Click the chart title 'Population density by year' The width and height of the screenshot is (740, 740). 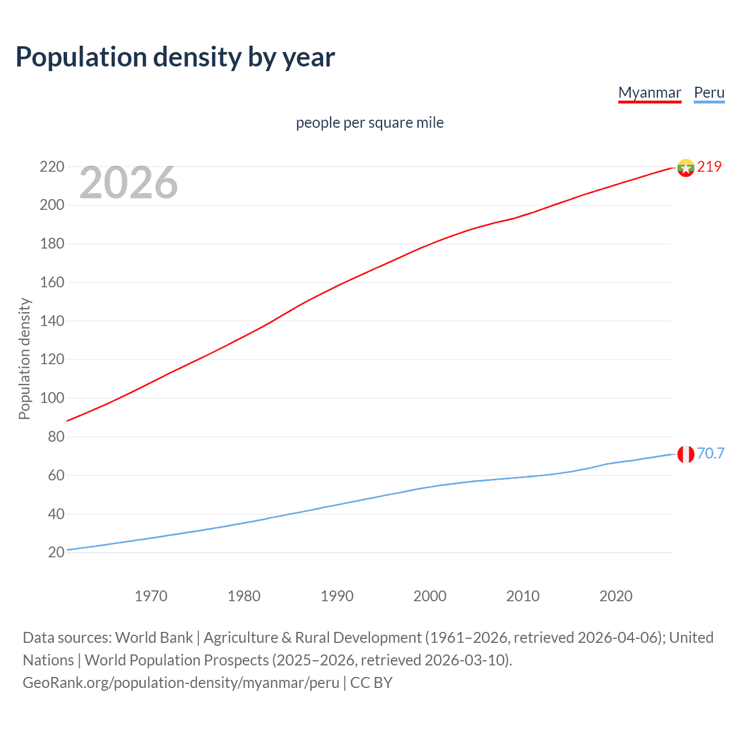[175, 57]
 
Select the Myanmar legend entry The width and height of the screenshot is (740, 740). [649, 92]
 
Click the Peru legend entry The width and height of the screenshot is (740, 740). [709, 92]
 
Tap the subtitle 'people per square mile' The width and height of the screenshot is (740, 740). [369, 123]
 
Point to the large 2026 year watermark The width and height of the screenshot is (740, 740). [128, 183]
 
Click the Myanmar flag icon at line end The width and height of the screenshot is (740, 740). [686, 168]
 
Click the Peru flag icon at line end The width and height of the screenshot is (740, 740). [686, 454]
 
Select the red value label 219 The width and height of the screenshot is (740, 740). [709, 166]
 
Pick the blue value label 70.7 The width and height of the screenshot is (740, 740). [711, 453]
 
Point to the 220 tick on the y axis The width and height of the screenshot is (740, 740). [52, 166]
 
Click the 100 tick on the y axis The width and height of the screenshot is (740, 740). [52, 398]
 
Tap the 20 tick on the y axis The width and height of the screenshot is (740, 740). [56, 553]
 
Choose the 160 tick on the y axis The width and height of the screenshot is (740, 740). [52, 283]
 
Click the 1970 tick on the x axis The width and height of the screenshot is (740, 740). [151, 596]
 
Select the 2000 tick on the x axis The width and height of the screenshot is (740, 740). [430, 596]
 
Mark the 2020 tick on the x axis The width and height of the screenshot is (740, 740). [616, 596]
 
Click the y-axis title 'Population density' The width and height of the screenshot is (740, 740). [24, 358]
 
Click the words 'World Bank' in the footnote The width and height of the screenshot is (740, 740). [154, 638]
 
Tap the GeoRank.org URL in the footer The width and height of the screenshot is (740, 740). [181, 683]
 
